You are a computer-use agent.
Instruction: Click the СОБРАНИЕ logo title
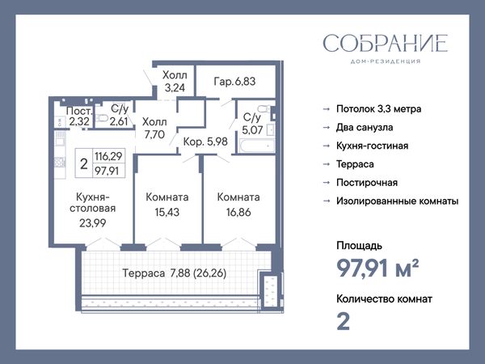pyautogui.click(x=386, y=44)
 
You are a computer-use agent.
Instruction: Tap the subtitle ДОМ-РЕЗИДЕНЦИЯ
pyautogui.click(x=386, y=61)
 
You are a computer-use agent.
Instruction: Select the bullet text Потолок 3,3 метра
pyautogui.click(x=378, y=109)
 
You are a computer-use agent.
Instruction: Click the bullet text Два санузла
pyautogui.click(x=365, y=128)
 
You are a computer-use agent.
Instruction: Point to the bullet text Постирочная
pyautogui.click(x=367, y=183)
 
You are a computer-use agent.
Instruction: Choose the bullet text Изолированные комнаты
pyautogui.click(x=398, y=201)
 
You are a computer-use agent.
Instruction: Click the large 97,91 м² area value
pyautogui.click(x=377, y=269)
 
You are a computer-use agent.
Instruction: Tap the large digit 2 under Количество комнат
pyautogui.click(x=343, y=322)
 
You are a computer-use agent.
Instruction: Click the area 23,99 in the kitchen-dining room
pyautogui.click(x=92, y=223)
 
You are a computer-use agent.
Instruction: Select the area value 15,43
pyautogui.click(x=167, y=212)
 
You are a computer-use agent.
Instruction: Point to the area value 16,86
pyautogui.click(x=238, y=212)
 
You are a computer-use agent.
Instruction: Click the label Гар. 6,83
pyautogui.click(x=234, y=82)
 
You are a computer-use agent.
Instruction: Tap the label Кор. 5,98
pyautogui.click(x=205, y=142)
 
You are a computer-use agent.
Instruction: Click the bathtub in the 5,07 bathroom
pyautogui.click(x=257, y=146)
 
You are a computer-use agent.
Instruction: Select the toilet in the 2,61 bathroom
pyautogui.click(x=102, y=118)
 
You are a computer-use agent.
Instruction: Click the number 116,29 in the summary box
pyautogui.click(x=108, y=156)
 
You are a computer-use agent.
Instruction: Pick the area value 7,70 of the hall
pyautogui.click(x=154, y=134)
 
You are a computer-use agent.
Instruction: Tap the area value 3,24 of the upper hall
pyautogui.click(x=175, y=88)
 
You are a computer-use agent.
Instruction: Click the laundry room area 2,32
pyautogui.click(x=79, y=121)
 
